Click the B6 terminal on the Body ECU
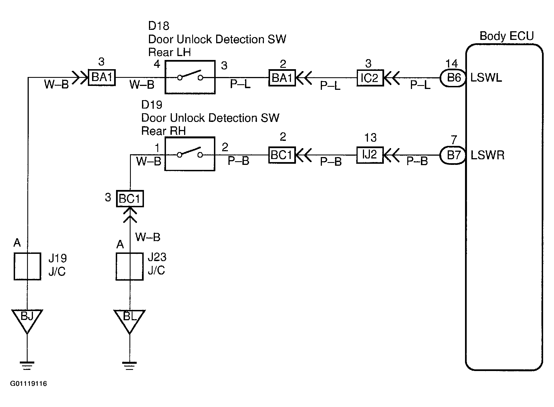point(453,78)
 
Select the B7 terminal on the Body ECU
point(453,155)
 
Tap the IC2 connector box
point(370,78)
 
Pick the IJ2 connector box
point(370,155)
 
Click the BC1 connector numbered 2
point(282,155)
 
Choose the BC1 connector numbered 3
point(130,199)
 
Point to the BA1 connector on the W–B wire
point(102,77)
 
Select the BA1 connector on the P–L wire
point(282,78)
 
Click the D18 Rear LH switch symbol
point(190,77)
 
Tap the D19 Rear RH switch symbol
point(190,154)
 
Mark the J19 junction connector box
point(27,266)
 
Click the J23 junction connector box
point(130,266)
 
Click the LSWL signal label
point(486,78)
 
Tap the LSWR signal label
point(488,155)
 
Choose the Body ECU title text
point(507,36)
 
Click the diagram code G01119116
point(28,384)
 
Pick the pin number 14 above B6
point(452,64)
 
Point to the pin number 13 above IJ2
point(370,138)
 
